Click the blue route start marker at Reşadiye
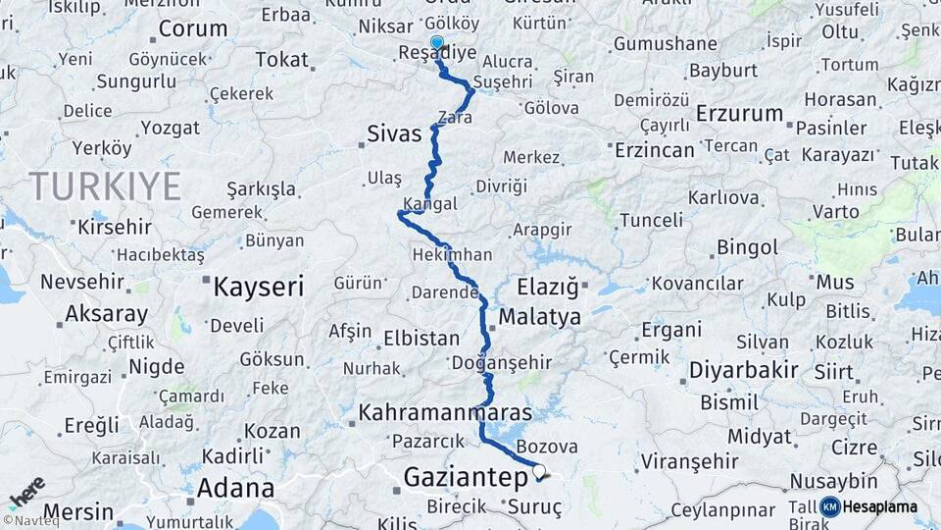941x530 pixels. (437, 43)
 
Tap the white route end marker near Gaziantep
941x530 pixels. (538, 470)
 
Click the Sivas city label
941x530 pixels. (395, 132)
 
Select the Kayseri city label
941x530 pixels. (259, 287)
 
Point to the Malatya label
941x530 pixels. (539, 317)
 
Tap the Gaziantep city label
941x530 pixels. (466, 478)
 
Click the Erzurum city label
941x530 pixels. (739, 114)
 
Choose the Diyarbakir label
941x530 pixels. (742, 371)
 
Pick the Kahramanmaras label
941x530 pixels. (445, 412)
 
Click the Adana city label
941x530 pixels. (235, 488)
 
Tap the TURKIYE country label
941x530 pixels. (105, 185)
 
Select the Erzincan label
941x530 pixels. (654, 149)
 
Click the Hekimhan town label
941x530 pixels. (453, 254)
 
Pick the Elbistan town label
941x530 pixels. (421, 339)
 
